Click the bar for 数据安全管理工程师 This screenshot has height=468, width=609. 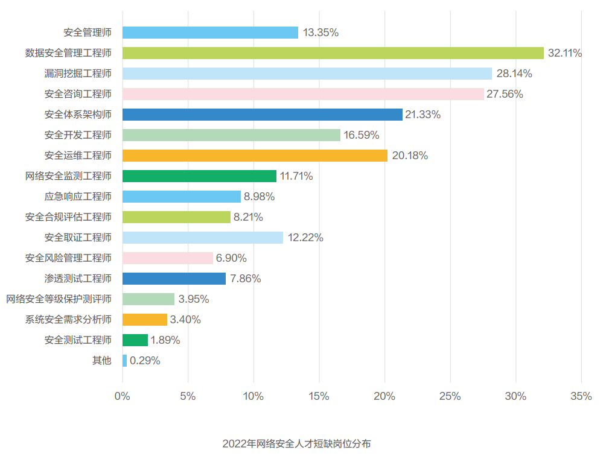pyautogui.click(x=333, y=53)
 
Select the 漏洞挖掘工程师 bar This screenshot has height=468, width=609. pyautogui.click(x=307, y=74)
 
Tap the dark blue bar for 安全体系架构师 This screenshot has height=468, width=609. pyautogui.click(x=262, y=115)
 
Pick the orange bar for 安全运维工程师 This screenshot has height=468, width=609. pyautogui.click(x=255, y=156)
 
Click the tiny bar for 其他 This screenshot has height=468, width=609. pyautogui.click(x=124, y=361)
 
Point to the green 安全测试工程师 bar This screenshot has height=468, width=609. pyautogui.click(x=135, y=340)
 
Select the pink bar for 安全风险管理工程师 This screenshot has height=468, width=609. pyautogui.click(x=167, y=258)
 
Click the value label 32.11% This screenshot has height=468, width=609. pyautogui.click(x=564, y=53)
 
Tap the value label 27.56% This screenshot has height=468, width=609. pyautogui.click(x=505, y=94)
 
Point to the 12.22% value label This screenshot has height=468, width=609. pyautogui.click(x=305, y=238)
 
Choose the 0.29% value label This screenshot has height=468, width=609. pyautogui.click(x=145, y=361)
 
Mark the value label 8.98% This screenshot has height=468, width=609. pyautogui.click(x=259, y=197)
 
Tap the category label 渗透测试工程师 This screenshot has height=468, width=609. pyautogui.click(x=78, y=279)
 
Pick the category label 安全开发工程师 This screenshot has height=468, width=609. pyautogui.click(x=78, y=135)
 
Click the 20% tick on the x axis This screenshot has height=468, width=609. pyautogui.click(x=384, y=396)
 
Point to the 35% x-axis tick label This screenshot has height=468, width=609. pyautogui.click(x=581, y=396)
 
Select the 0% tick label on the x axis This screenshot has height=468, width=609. pyautogui.click(x=123, y=396)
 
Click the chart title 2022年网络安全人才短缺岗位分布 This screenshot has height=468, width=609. pyautogui.click(x=296, y=444)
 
